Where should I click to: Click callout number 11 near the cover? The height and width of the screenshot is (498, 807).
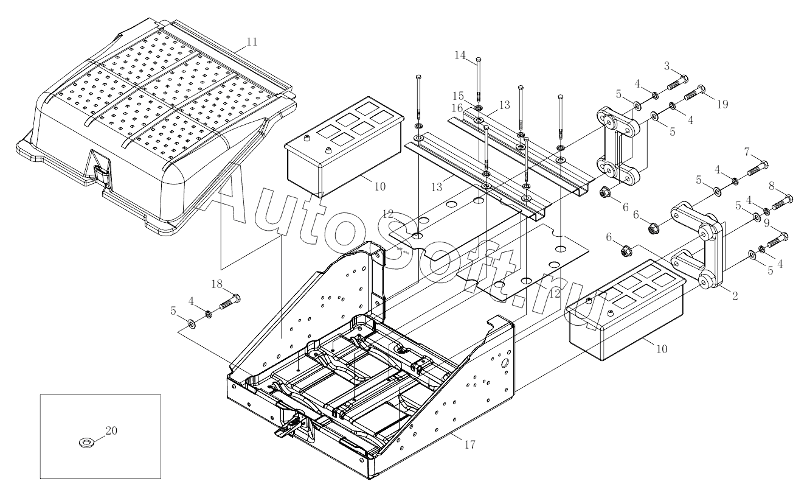[x=252, y=42]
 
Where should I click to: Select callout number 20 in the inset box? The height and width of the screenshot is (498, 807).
[x=111, y=430]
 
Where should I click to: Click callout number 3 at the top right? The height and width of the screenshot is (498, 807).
[x=667, y=65]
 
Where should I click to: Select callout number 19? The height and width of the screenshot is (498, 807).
[x=722, y=104]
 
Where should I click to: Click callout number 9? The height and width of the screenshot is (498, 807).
[x=766, y=223]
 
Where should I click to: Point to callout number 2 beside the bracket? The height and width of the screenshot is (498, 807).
[x=735, y=296]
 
